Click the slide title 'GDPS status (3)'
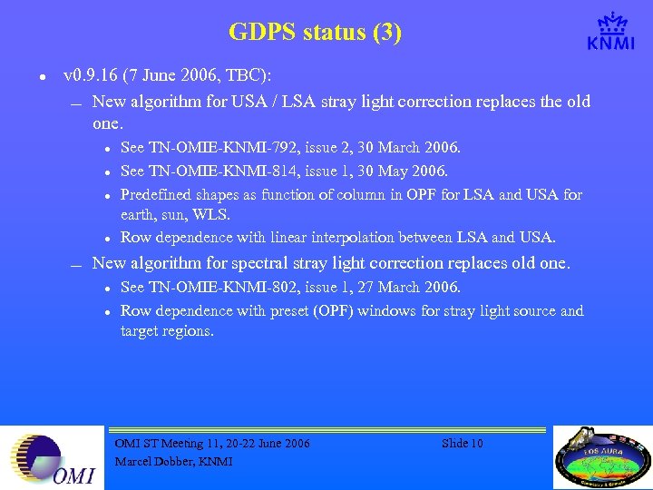pos(315,33)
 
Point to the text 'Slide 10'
pos(462,444)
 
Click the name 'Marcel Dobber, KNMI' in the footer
pos(173,461)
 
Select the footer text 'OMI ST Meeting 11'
pos(172,444)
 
